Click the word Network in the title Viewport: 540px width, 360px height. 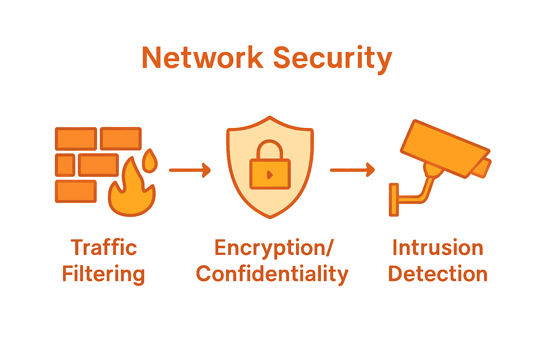[x=202, y=58]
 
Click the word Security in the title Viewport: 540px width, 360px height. [x=332, y=58]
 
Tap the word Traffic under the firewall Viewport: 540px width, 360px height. [x=104, y=247]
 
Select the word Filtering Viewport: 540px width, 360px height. [x=103, y=274]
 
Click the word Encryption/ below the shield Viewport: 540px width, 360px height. [x=274, y=248]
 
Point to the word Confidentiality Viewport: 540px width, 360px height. [x=272, y=274]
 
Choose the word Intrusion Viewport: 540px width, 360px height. [x=438, y=247]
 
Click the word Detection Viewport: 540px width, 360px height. [x=438, y=274]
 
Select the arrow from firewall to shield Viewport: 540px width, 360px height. [x=190, y=170]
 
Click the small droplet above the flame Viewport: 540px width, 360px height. [x=150, y=161]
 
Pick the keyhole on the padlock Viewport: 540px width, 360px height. [x=270, y=174]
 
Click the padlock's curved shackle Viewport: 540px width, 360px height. [x=270, y=148]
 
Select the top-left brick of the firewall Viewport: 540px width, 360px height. [x=76, y=139]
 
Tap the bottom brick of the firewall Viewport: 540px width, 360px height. [x=76, y=192]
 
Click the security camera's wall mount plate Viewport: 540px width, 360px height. [x=394, y=200]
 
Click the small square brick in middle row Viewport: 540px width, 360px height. [x=65, y=165]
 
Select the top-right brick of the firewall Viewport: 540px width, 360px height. [x=121, y=139]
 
